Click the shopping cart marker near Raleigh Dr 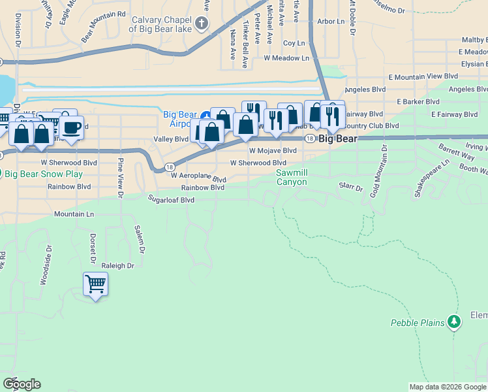pyautogui.click(x=95, y=284)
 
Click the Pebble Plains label pyautogui.click(x=418, y=323)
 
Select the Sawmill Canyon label pyautogui.click(x=291, y=177)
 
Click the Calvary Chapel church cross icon pyautogui.click(x=202, y=25)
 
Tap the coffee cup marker pyautogui.click(x=72, y=127)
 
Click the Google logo pyautogui.click(x=22, y=384)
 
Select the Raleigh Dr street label pyautogui.click(x=117, y=266)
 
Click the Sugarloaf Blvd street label pyautogui.click(x=172, y=200)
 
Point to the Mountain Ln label pyautogui.click(x=74, y=214)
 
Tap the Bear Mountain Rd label pyautogui.click(x=103, y=25)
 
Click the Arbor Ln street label pyautogui.click(x=331, y=22)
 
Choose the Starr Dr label pyautogui.click(x=350, y=188)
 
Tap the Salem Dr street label pyautogui.click(x=139, y=239)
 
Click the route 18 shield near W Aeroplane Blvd pyautogui.click(x=169, y=167)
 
